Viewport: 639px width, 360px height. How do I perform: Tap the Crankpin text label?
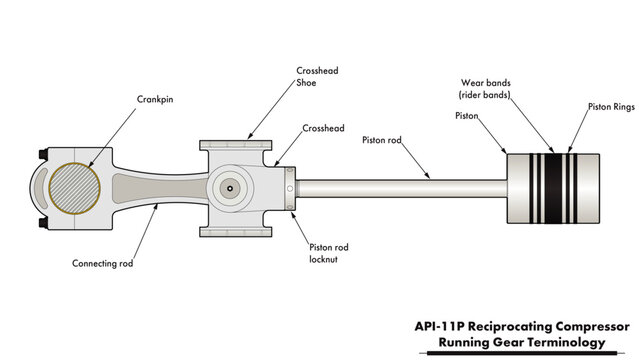[155, 99]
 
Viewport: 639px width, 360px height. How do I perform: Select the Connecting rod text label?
[102, 264]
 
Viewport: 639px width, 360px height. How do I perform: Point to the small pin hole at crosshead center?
[229, 188]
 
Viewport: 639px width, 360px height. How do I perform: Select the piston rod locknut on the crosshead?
[290, 188]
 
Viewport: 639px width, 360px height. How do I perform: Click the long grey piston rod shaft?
[400, 188]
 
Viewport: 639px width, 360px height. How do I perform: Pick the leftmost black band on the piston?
[533, 188]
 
